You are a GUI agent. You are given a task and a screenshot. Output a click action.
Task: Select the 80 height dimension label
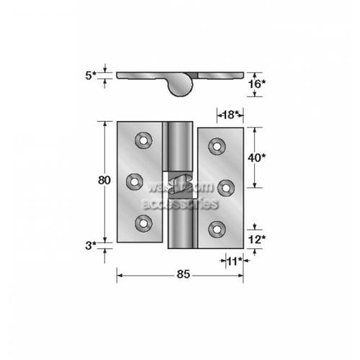coord(104,181)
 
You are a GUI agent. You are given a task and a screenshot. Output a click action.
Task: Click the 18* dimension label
coord(229,114)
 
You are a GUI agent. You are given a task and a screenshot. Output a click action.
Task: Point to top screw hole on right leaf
coord(215,147)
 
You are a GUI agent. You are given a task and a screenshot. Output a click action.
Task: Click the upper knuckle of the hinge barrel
coord(179,148)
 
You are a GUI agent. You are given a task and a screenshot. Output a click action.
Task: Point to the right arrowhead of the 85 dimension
coord(242,274)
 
